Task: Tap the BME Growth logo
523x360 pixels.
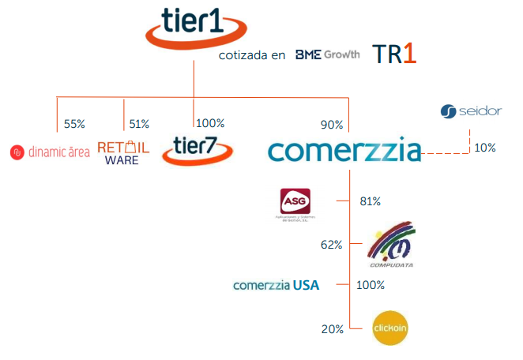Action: [x=327, y=54]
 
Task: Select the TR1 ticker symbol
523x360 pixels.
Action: [x=393, y=54]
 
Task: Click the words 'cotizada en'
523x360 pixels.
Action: [x=252, y=56]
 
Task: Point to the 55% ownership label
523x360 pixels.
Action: [x=74, y=124]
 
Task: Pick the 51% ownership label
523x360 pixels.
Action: [x=139, y=124]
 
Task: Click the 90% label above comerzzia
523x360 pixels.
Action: [x=332, y=125]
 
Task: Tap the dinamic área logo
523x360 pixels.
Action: [x=50, y=152]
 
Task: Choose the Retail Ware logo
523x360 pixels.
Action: [x=122, y=152]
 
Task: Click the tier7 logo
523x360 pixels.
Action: [x=197, y=149]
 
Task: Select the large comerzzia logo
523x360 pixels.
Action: [x=344, y=150]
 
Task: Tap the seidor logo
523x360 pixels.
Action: [x=471, y=111]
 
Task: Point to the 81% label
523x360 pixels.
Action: [x=370, y=201]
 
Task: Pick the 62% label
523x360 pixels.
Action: [x=331, y=245]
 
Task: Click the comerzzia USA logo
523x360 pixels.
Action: [x=277, y=285]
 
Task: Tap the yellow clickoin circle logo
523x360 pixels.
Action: [x=393, y=327]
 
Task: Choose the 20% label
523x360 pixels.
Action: [x=332, y=328]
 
